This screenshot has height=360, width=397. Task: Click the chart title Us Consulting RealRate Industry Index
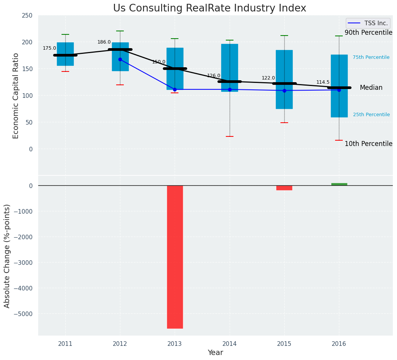(x=209, y=8)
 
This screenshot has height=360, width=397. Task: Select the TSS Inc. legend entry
(x=368, y=23)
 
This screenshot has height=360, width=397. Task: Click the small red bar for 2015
(x=284, y=188)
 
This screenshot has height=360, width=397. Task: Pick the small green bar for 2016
(x=339, y=184)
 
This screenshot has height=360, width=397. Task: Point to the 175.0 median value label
(x=49, y=49)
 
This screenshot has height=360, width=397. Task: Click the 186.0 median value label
(x=104, y=42)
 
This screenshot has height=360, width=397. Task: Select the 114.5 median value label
(x=323, y=83)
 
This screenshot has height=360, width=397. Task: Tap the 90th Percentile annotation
(x=368, y=33)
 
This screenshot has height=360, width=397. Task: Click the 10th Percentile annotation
(x=368, y=144)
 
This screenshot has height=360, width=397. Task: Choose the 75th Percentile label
(x=371, y=57)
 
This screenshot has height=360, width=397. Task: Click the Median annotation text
(x=371, y=88)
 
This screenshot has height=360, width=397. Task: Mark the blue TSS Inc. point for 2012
(x=120, y=59)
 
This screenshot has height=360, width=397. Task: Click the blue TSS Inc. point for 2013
(x=175, y=89)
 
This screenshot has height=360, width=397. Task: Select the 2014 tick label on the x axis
(x=230, y=344)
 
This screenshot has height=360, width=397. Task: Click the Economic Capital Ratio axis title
(x=16, y=96)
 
